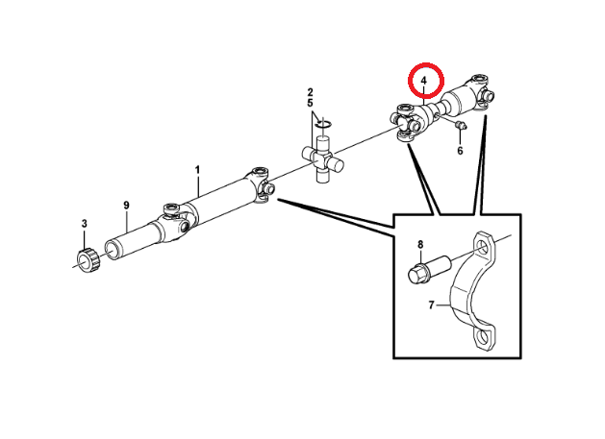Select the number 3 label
pyautogui.click(x=84, y=224)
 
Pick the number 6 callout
pyautogui.click(x=460, y=151)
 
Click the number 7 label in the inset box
pyautogui.click(x=433, y=305)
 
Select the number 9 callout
pyautogui.click(x=126, y=205)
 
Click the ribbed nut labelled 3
pyautogui.click(x=86, y=258)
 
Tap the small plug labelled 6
pyautogui.click(x=458, y=125)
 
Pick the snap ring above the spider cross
pyautogui.click(x=323, y=122)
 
